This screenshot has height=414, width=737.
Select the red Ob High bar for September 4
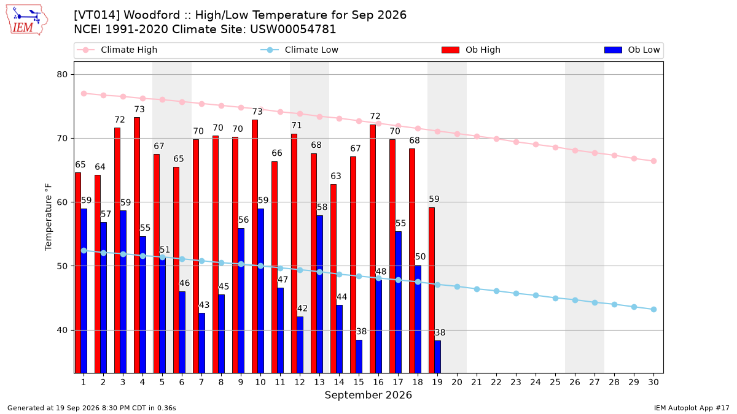tap(137, 245)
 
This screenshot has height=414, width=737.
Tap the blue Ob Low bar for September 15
tap(359, 356)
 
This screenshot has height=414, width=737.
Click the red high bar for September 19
tap(432, 290)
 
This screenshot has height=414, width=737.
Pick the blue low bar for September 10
tap(260, 291)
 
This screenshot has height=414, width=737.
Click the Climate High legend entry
tap(117, 50)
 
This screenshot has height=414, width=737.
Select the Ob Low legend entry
tap(632, 50)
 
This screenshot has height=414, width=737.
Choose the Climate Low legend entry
tap(300, 50)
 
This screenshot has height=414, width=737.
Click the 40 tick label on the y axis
tap(62, 330)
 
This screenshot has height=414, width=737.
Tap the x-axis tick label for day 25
tap(555, 382)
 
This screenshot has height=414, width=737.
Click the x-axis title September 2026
tap(368, 395)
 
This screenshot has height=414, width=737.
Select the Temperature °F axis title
tap(49, 217)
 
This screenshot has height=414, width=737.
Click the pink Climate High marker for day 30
tap(653, 161)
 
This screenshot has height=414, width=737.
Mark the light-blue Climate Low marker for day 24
tap(536, 296)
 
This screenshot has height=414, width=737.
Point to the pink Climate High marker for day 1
tap(84, 94)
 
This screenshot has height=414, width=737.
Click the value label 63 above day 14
tap(336, 176)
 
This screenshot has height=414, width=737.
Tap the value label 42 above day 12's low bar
tap(302, 309)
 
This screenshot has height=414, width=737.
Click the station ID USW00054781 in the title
tap(293, 29)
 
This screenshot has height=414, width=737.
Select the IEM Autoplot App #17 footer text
tap(692, 408)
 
